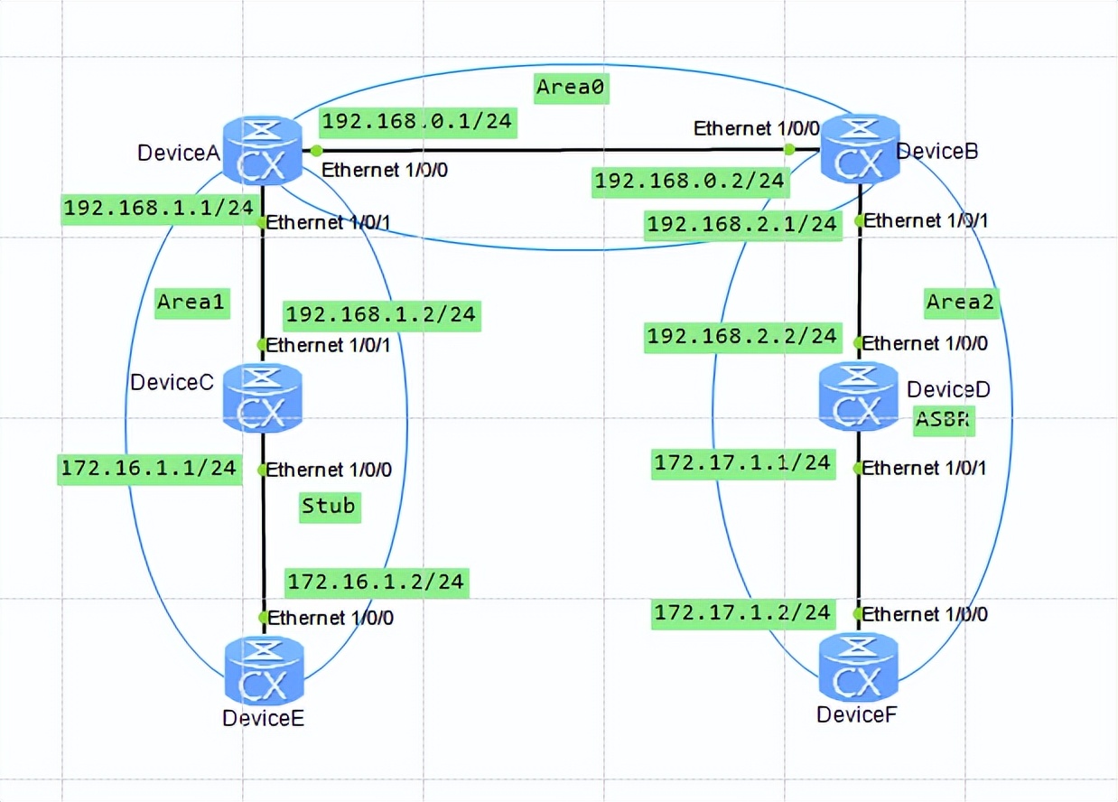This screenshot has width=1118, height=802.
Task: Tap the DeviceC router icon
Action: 263,396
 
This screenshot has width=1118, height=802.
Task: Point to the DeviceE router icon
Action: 263,670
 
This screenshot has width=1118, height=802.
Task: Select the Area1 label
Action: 190,302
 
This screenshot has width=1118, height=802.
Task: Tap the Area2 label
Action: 960,302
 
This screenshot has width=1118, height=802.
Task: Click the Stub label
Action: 329,506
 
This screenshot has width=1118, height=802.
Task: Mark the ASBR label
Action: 945,420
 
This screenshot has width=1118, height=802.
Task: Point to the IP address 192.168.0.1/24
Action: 417,122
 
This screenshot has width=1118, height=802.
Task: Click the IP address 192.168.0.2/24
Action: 689,182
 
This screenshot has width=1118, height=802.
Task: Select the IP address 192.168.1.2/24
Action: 380,315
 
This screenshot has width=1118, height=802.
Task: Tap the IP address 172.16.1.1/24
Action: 148,467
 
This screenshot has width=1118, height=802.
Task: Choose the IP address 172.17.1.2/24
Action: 741,612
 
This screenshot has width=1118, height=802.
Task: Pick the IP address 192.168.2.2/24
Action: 741,337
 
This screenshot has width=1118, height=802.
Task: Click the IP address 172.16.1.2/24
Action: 376,582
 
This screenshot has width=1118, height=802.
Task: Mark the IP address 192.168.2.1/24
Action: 742,224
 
